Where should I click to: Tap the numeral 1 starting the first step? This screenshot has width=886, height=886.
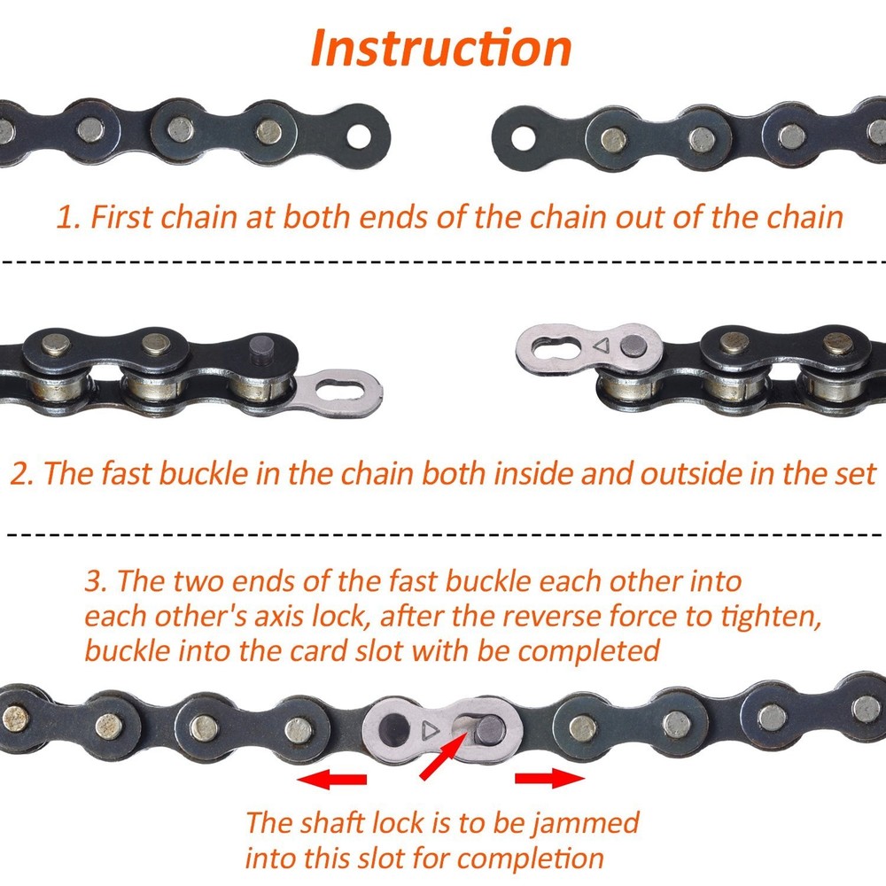pos(65,218)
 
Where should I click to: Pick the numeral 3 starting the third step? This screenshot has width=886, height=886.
pos(95,582)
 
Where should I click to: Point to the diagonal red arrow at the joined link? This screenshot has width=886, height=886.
pos(440,754)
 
